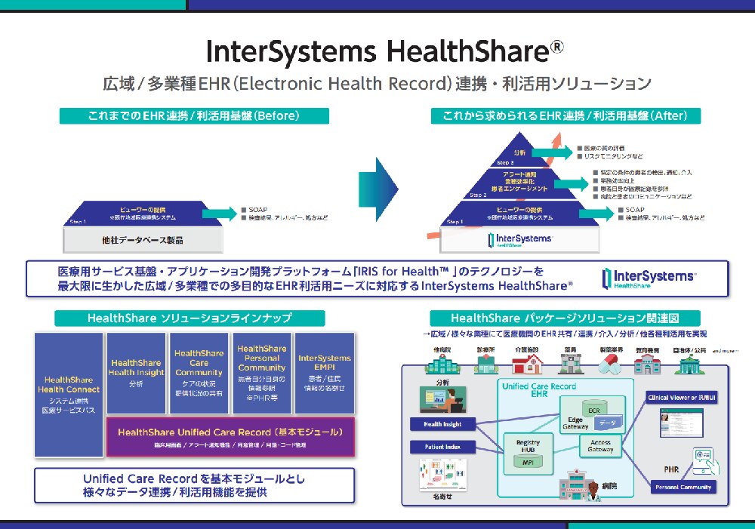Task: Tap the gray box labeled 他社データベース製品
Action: click(x=143, y=240)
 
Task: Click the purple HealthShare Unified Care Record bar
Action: click(x=230, y=436)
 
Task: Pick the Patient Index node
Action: click(x=442, y=447)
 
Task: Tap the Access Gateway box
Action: click(x=600, y=445)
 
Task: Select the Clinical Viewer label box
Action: click(x=683, y=396)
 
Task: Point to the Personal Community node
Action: click(x=683, y=487)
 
